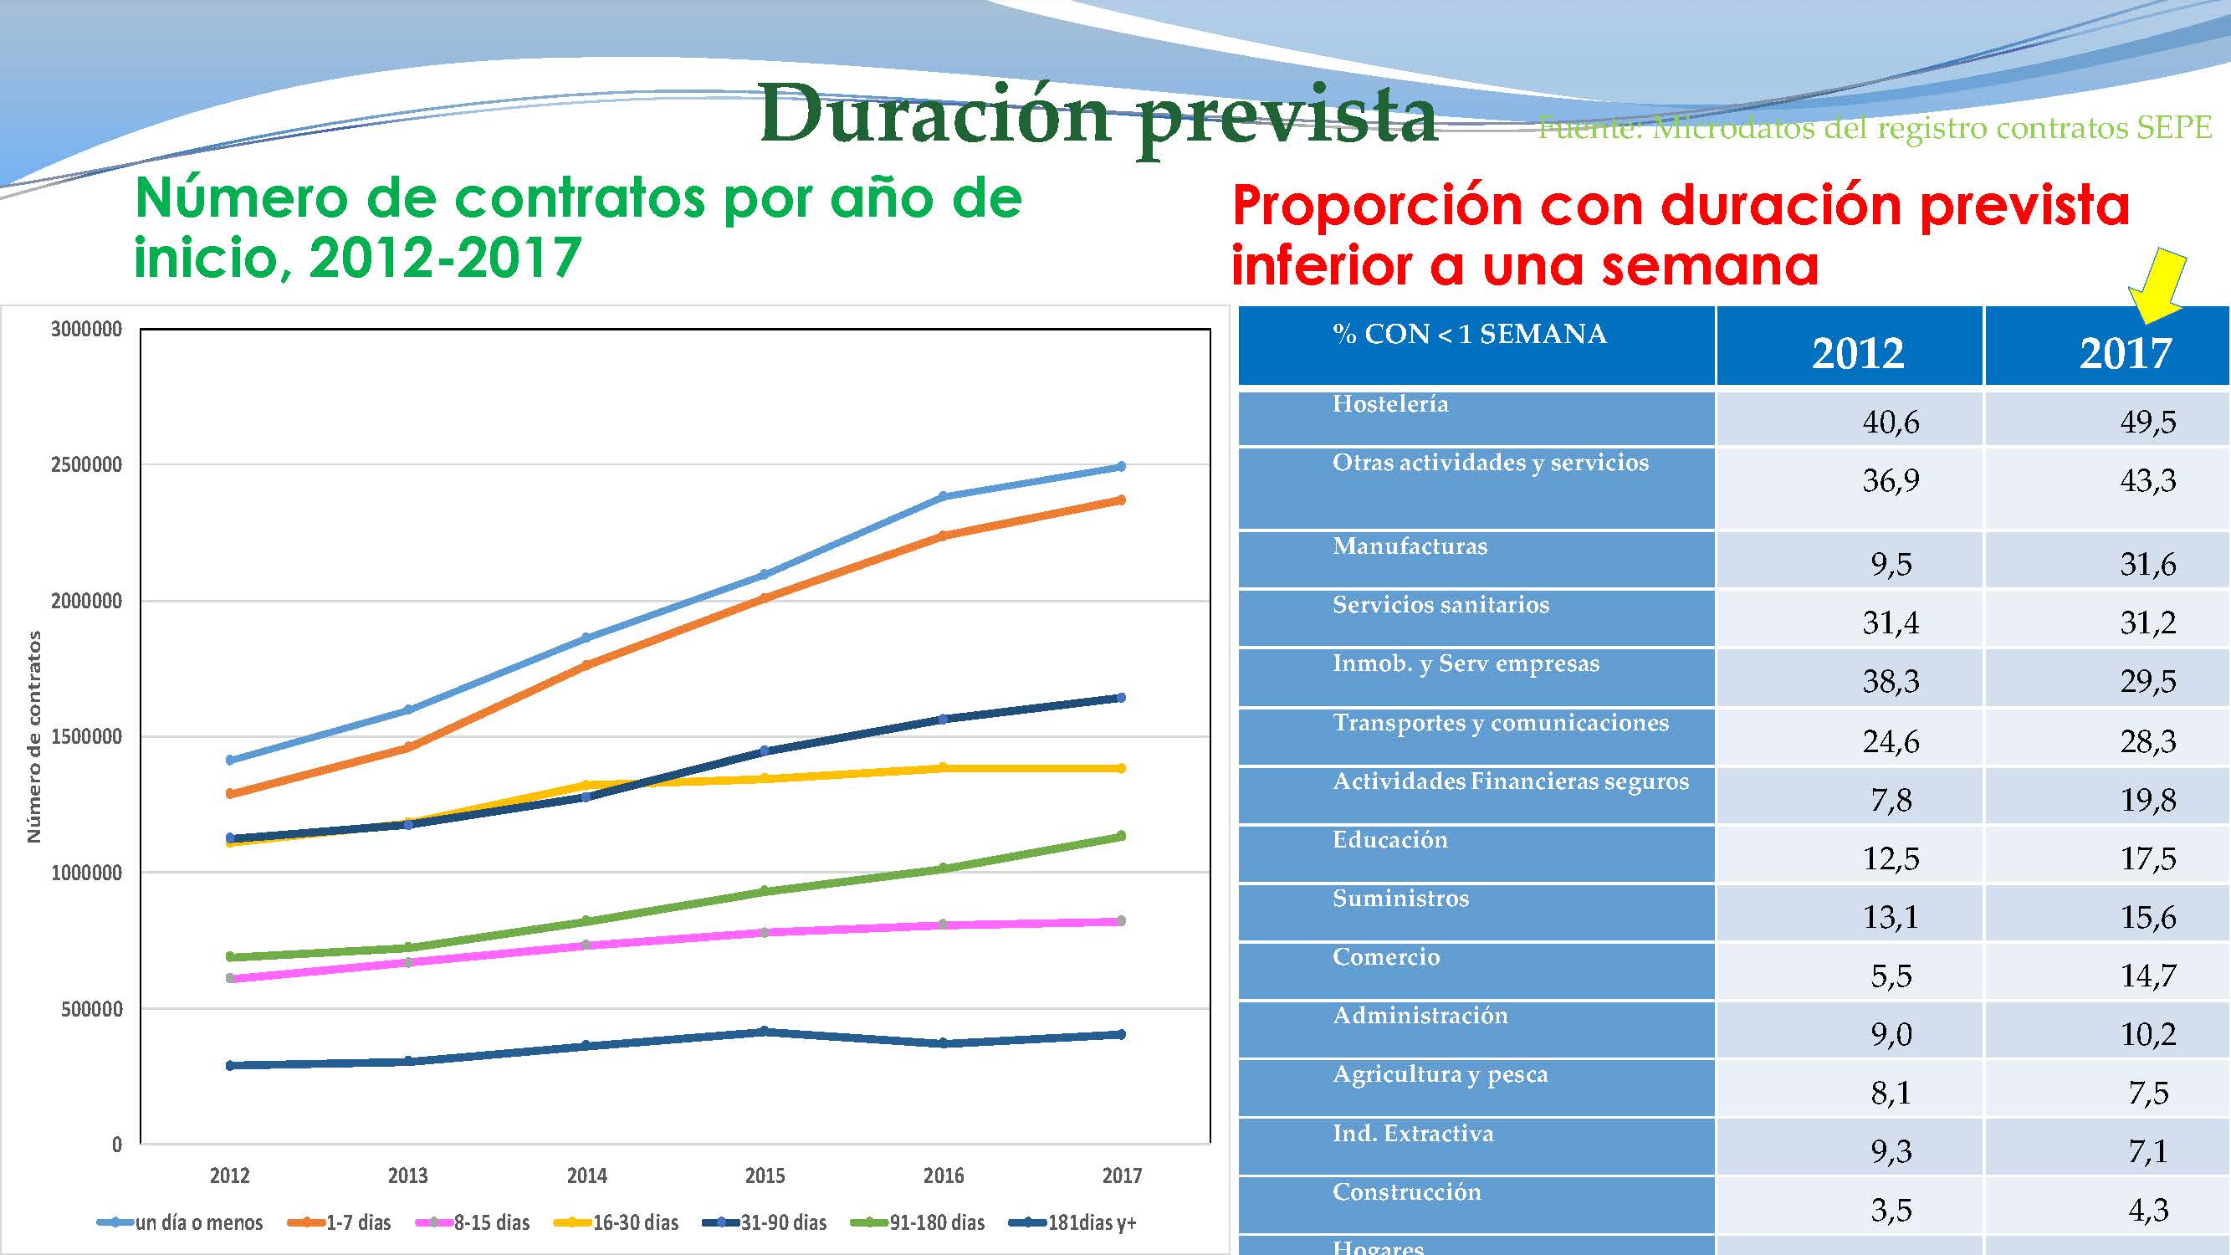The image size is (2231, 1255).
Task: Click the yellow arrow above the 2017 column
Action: (x=2157, y=286)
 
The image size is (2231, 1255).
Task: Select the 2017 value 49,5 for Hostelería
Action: (x=2148, y=422)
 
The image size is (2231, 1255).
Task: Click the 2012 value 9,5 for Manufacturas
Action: (x=1891, y=565)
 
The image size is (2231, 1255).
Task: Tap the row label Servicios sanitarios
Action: (x=1440, y=605)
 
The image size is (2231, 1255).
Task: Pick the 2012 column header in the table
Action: (x=1858, y=353)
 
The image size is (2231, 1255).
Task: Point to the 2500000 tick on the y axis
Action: (x=87, y=465)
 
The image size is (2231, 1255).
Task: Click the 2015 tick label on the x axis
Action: (x=765, y=1176)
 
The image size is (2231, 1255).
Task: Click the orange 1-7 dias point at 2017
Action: (x=1122, y=499)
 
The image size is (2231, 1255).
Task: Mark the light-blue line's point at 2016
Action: (x=943, y=496)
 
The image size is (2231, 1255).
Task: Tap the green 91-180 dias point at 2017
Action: (x=1122, y=836)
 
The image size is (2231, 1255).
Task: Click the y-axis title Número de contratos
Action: (x=33, y=736)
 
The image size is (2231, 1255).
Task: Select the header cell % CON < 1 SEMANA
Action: (x=1469, y=335)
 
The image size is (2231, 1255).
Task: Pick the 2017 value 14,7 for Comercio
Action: (x=2148, y=976)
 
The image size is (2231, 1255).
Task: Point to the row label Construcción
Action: (x=1406, y=1191)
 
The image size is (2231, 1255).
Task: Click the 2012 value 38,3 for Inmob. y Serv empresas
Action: (x=1891, y=682)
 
